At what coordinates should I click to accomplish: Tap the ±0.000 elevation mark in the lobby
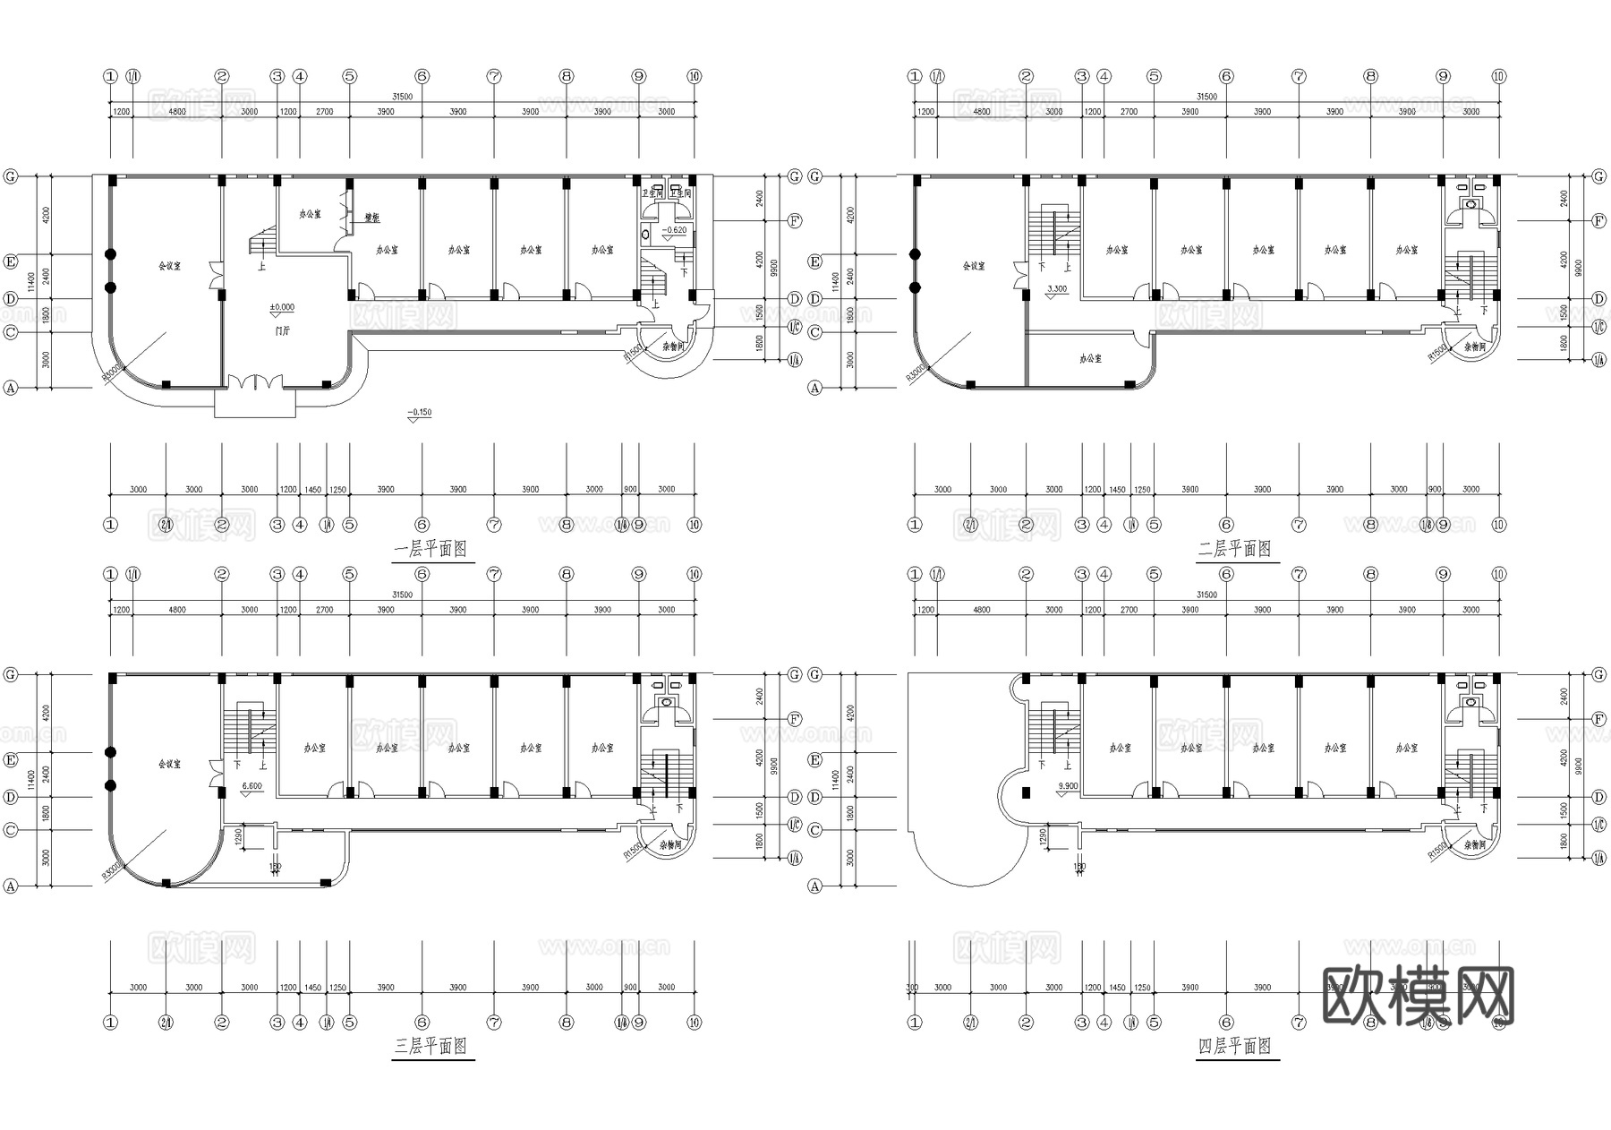(x=282, y=307)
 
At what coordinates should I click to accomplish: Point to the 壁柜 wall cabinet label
(x=372, y=218)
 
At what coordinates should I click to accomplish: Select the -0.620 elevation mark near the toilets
(x=675, y=231)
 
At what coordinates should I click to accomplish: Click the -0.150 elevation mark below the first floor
(x=419, y=413)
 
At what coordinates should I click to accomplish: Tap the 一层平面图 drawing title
(x=430, y=549)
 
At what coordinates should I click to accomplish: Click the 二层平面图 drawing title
(x=1235, y=549)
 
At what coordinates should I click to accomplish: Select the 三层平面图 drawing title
(x=430, y=1046)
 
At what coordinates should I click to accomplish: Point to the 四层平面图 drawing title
(x=1235, y=1046)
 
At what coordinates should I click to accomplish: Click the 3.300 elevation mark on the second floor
(x=1057, y=289)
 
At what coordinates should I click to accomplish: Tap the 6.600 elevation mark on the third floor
(x=252, y=786)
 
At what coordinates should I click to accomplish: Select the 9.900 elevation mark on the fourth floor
(x=1068, y=785)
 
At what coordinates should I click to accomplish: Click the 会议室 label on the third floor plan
(x=169, y=764)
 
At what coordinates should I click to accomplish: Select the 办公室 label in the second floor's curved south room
(x=1090, y=358)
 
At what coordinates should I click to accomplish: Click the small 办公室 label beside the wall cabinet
(x=310, y=215)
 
